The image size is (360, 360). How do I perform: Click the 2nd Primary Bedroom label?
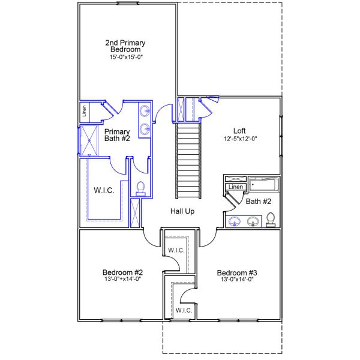(125, 46)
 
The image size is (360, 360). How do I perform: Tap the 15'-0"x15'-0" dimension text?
(126, 57)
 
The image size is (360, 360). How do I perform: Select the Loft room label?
(239, 131)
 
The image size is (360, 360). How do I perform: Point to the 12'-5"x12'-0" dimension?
(240, 139)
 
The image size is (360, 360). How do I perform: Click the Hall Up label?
(182, 211)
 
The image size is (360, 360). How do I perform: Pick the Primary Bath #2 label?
(117, 135)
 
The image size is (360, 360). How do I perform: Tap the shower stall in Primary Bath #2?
(89, 140)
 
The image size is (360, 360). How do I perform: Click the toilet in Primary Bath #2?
(140, 189)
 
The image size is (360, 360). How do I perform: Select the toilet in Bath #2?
(271, 220)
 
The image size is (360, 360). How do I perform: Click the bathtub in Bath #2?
(264, 184)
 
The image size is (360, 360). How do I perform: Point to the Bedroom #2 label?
(122, 272)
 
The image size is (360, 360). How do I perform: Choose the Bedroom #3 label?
(237, 273)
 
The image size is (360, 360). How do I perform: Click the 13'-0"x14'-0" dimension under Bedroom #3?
(237, 280)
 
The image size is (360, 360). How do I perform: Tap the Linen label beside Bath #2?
(236, 187)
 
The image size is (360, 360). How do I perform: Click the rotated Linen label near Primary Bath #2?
(84, 111)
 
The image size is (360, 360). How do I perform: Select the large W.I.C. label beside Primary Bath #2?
(104, 190)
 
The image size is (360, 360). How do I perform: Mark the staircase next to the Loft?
(188, 161)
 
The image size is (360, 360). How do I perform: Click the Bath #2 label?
(258, 202)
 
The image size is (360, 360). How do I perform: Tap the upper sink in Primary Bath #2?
(145, 111)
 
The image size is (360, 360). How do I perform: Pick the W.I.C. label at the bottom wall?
(184, 310)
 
